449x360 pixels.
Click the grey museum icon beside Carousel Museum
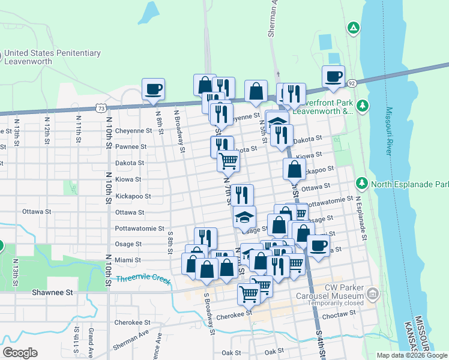373,295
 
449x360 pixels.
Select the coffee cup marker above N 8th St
153,89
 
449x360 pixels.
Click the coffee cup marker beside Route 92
333,77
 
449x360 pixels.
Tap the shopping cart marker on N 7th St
228,160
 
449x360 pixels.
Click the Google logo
20,353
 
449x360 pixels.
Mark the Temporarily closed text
330,304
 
